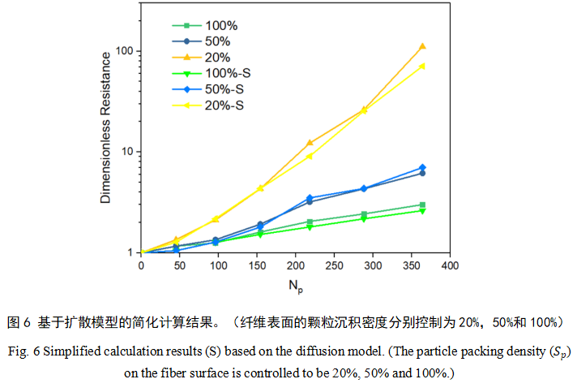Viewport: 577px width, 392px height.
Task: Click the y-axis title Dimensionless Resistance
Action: [105, 134]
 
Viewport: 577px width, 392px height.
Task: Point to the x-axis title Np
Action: [294, 285]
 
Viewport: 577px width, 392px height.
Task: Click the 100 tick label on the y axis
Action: [124, 51]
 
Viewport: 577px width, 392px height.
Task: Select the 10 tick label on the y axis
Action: [127, 152]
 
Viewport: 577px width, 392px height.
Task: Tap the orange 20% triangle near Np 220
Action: [310, 143]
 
